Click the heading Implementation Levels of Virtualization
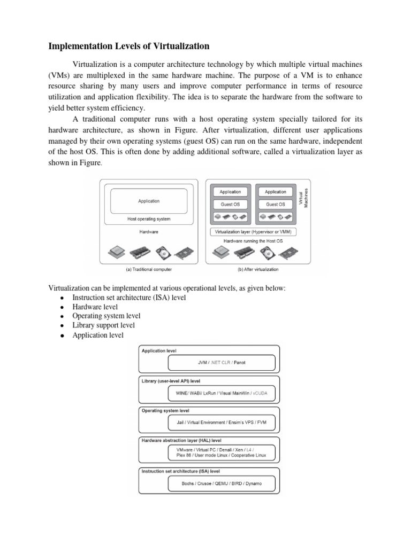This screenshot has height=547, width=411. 129,46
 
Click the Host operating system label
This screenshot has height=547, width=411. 149,219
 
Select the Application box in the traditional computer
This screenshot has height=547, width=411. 149,201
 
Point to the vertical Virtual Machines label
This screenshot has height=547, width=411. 303,197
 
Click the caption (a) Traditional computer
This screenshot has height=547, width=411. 149,269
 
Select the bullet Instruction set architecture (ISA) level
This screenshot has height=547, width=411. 129,298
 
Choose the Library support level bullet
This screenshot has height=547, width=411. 103,325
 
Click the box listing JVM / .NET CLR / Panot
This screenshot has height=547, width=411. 222,363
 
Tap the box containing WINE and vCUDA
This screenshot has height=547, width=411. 222,394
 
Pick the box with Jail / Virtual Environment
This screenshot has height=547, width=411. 222,422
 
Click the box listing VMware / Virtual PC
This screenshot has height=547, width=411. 222,453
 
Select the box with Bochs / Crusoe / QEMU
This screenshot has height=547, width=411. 222,484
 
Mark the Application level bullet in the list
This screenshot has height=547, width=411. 97,335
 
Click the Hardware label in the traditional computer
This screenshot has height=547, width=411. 149,232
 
